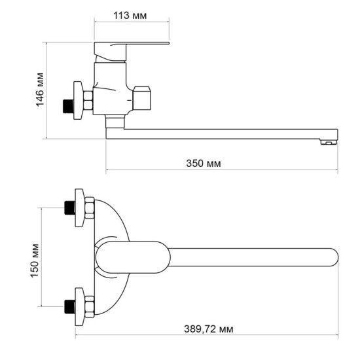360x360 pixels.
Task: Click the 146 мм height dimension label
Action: [40, 90]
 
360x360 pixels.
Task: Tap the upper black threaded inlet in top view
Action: [68, 209]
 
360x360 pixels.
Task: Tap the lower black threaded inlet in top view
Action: [68, 305]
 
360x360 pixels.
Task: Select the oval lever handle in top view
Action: [134, 257]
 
